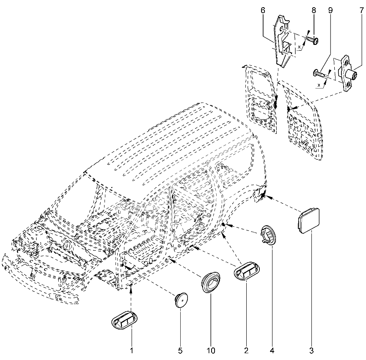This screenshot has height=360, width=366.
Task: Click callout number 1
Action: [x=132, y=350]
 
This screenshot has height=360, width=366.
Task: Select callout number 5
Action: [x=180, y=350]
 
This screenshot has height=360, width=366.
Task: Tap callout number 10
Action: [x=211, y=350]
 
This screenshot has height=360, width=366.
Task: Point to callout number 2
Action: [x=246, y=350]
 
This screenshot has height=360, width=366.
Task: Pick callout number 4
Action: [x=272, y=350]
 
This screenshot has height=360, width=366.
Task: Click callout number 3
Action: [x=311, y=350]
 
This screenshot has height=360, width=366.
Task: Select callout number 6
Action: [x=263, y=10]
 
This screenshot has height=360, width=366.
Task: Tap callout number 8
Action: [x=314, y=10]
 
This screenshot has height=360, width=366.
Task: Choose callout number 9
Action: [x=330, y=10]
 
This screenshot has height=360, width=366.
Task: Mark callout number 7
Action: [x=361, y=10]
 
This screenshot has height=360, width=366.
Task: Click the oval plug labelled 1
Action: [x=124, y=320]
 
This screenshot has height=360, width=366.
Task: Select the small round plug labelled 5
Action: [x=182, y=300]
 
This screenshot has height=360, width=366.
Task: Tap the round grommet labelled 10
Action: [x=211, y=282]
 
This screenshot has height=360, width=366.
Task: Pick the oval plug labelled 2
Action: [x=247, y=271]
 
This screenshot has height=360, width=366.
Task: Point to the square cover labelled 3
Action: [x=309, y=221]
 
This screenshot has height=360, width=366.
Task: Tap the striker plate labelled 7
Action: [x=348, y=73]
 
